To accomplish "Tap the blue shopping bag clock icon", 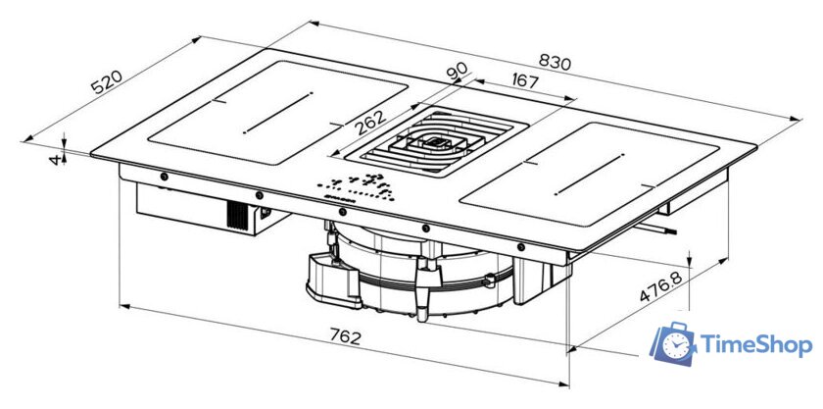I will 674,341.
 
